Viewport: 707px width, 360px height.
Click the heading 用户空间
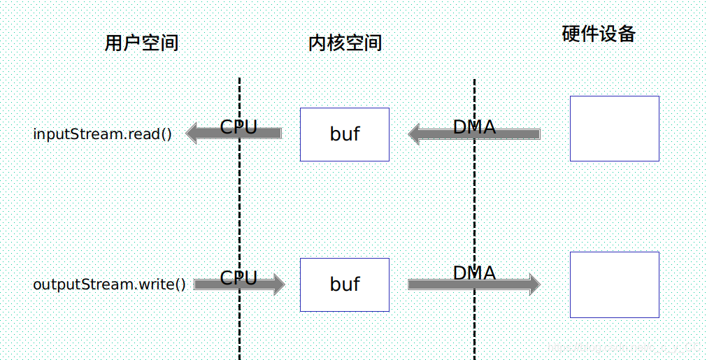click(141, 43)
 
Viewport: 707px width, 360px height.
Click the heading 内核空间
click(345, 43)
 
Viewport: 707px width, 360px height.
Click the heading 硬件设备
click(599, 34)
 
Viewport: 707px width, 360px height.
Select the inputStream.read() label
click(102, 134)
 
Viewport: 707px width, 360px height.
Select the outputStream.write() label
click(110, 285)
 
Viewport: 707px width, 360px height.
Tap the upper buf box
click(345, 134)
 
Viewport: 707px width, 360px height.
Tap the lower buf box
click(345, 285)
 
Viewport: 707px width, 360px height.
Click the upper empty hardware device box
click(614, 129)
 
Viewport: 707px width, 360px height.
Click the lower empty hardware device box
click(614, 285)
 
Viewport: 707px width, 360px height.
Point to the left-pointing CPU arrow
click(210, 134)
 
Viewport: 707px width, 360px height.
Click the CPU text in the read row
click(239, 127)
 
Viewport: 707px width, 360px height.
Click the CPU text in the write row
click(239, 278)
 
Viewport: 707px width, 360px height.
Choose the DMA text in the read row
click(474, 127)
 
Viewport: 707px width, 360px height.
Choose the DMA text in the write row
click(474, 273)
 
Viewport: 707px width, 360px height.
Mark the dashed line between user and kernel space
click(240, 210)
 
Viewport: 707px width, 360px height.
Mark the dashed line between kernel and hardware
click(475, 210)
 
